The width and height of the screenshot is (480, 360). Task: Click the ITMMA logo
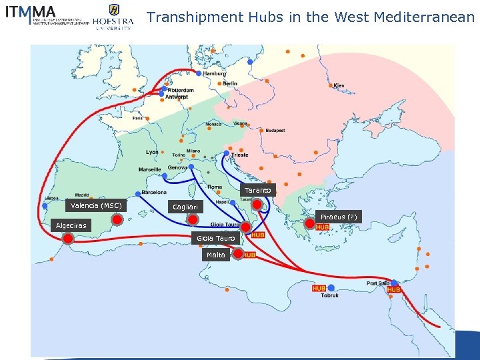[46, 15]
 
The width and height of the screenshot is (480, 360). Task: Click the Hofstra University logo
[113, 17]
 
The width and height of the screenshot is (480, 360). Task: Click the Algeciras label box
[71, 225]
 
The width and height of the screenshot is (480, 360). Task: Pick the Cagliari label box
[185, 207]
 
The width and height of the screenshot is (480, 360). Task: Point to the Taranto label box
[257, 190]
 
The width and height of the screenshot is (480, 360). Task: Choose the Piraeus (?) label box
[339, 217]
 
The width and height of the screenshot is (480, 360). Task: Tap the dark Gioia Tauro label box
[215, 238]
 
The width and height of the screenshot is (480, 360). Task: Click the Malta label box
[215, 255]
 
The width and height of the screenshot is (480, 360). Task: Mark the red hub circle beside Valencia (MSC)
[117, 220]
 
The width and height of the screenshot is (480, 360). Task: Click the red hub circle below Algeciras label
[67, 238]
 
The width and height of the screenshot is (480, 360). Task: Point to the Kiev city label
[339, 85]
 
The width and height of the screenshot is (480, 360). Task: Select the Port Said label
[377, 283]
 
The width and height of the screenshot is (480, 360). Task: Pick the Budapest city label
[275, 131]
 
